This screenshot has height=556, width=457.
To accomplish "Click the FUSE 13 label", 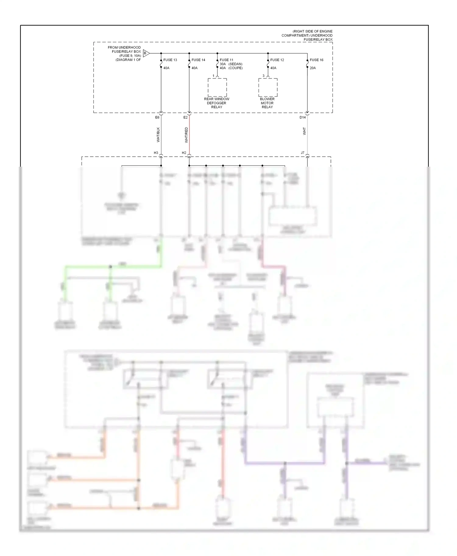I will pos(170,60).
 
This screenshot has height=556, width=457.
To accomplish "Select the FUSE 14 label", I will pos(198,60).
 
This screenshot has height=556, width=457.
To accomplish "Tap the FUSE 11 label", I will pos(226,60).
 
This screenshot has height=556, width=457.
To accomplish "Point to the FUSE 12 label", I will pos(277,60).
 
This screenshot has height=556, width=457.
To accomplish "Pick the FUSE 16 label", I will pos(317,60).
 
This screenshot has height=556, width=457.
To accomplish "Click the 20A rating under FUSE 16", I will pos(313,68).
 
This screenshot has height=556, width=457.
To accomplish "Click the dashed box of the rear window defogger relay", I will pos(217,87).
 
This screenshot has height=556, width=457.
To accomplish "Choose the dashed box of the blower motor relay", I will pos(268,87).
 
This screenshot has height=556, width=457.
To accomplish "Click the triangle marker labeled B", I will pos(146,53).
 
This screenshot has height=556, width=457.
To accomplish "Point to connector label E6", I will pos(157,117).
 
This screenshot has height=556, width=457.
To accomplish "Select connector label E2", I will pos(185,117).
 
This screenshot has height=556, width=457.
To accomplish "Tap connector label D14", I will pos(303,117).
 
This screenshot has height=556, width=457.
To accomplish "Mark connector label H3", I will pos(156,153).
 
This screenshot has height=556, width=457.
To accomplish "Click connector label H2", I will pos(184,153).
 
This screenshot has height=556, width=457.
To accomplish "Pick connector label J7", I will pos(303,153).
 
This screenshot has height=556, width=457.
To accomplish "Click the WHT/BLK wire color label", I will pos(158,135).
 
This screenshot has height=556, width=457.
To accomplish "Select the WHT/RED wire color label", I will pos(186,135).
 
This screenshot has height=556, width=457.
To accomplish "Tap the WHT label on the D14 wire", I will pos(304,131).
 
